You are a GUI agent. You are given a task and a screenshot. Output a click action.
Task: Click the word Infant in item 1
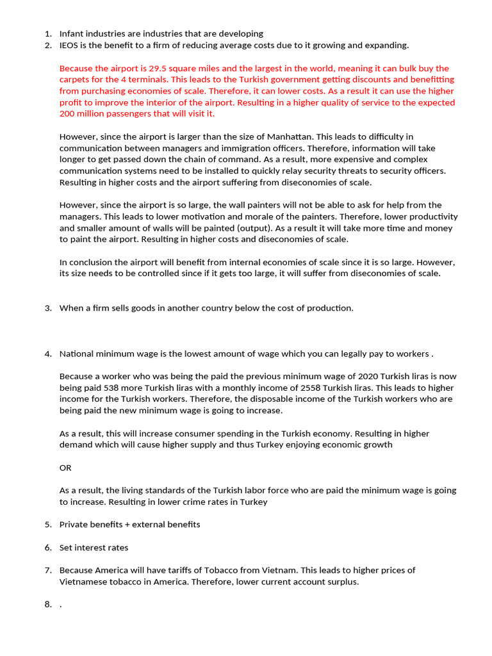[72, 33]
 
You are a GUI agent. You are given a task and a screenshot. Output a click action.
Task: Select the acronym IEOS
[70, 45]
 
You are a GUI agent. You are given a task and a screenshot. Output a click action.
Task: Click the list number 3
[48, 308]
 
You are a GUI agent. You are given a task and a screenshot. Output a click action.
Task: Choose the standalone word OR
[65, 468]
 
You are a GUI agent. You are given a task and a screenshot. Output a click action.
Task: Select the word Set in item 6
[66, 547]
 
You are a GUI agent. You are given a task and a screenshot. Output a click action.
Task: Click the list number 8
[48, 604]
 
